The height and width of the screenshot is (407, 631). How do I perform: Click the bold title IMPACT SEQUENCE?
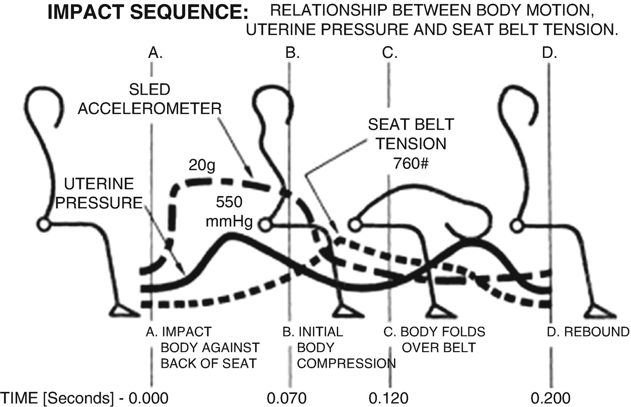145,14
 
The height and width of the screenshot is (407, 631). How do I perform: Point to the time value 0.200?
549,397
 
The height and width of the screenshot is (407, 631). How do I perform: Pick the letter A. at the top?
155,53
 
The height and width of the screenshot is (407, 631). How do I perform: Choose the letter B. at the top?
292,53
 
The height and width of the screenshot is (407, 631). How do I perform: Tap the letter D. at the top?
550,53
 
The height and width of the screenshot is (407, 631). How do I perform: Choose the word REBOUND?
596,333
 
